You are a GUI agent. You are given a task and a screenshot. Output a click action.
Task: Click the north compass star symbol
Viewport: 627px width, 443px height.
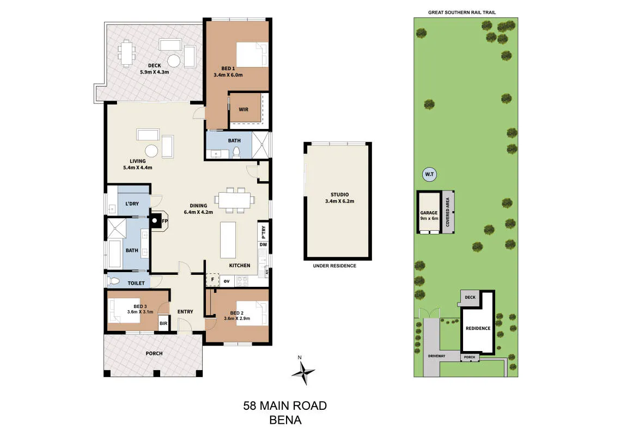point(303,373)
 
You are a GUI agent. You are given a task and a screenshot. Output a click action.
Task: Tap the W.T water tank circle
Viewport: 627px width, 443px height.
point(429,175)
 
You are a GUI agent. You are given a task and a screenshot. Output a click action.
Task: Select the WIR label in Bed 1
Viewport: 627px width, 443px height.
point(244,109)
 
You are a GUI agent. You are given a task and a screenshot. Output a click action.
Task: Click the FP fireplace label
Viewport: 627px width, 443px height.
point(165,221)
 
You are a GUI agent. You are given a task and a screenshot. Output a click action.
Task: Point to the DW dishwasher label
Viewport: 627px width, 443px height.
point(263,244)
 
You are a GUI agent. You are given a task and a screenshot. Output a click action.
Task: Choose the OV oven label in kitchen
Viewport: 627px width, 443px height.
point(227,281)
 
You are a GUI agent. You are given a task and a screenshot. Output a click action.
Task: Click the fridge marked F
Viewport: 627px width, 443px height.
point(212,280)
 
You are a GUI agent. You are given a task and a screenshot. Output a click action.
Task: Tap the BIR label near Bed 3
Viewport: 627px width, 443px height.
point(163,324)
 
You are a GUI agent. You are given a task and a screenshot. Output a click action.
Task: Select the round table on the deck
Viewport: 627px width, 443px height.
point(174,61)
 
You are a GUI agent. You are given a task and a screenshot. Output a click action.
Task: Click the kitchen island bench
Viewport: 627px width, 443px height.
point(228,241)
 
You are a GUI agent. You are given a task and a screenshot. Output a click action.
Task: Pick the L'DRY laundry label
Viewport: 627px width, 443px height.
point(132,204)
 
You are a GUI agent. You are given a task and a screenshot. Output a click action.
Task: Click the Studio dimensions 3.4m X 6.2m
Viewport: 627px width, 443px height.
point(339,201)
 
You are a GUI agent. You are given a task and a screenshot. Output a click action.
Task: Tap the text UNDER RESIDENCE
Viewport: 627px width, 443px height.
point(334,266)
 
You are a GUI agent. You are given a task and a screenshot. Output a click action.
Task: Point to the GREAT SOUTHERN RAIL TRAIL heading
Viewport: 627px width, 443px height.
point(462,13)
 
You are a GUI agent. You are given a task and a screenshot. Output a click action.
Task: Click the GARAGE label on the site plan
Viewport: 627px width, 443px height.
point(429,213)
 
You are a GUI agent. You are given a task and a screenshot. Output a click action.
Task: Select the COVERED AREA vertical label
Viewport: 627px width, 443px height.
point(448,212)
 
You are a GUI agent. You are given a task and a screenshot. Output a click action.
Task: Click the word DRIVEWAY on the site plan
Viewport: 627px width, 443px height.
point(437,356)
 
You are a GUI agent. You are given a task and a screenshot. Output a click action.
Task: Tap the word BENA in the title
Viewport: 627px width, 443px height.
point(285,420)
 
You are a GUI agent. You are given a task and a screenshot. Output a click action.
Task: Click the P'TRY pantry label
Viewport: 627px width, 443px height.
point(263,232)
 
